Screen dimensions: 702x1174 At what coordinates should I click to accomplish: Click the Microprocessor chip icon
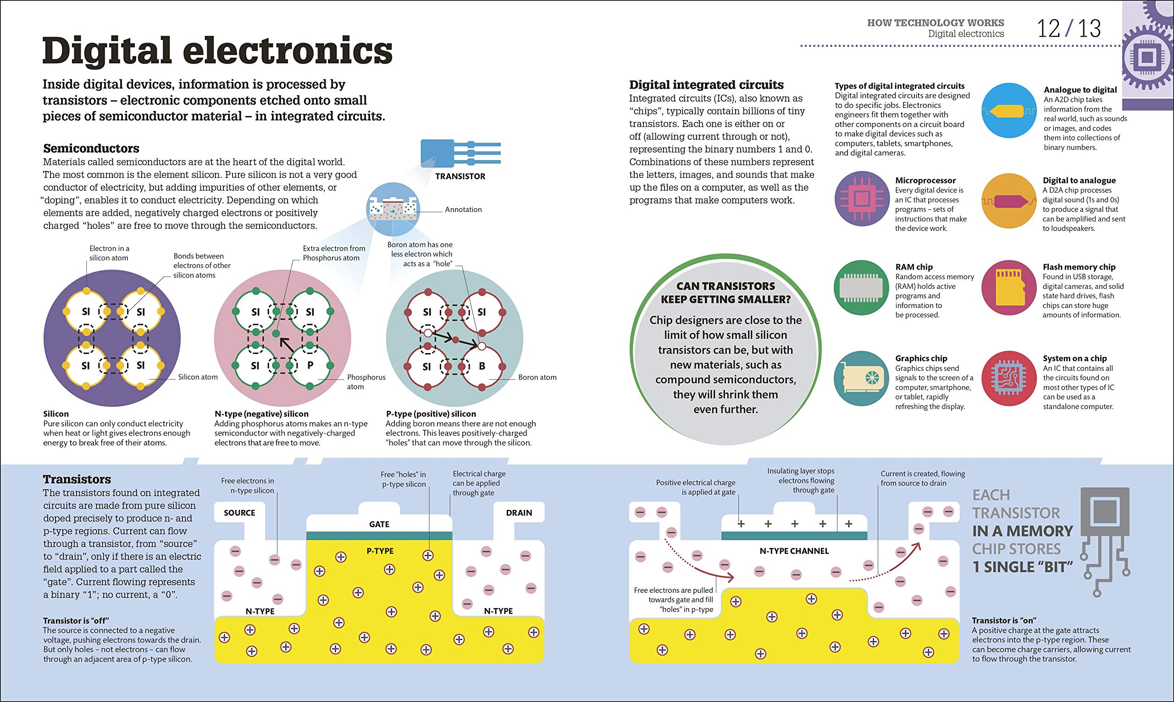tap(862, 199)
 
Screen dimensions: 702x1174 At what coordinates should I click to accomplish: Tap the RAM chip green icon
tap(862, 287)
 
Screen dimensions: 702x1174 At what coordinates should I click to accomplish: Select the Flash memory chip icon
tap(1009, 287)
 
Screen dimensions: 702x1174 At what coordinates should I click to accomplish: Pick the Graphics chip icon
tap(862, 378)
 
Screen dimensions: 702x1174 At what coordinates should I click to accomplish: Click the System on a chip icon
tap(1009, 378)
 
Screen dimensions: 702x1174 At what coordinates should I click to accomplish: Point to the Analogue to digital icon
tap(1009, 111)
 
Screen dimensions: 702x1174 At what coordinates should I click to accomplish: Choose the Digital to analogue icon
tap(1009, 201)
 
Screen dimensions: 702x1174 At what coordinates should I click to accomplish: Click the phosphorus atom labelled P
tap(310, 365)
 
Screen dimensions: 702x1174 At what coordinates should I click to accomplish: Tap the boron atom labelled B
tap(482, 366)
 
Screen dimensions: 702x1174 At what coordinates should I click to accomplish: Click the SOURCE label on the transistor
tap(239, 513)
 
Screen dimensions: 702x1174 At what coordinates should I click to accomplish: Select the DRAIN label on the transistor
tap(519, 513)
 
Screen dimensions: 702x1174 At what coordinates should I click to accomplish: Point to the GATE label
tap(379, 524)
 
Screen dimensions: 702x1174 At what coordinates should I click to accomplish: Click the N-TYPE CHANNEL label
tap(794, 551)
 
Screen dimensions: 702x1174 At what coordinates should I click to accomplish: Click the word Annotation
tap(463, 210)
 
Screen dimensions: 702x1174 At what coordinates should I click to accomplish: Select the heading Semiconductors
tap(91, 149)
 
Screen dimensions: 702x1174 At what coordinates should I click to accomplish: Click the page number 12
tap(1049, 29)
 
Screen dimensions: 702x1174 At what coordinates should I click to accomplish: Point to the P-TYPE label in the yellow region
tap(380, 551)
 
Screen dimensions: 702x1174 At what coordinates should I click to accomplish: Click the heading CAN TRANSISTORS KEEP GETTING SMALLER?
tap(725, 293)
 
